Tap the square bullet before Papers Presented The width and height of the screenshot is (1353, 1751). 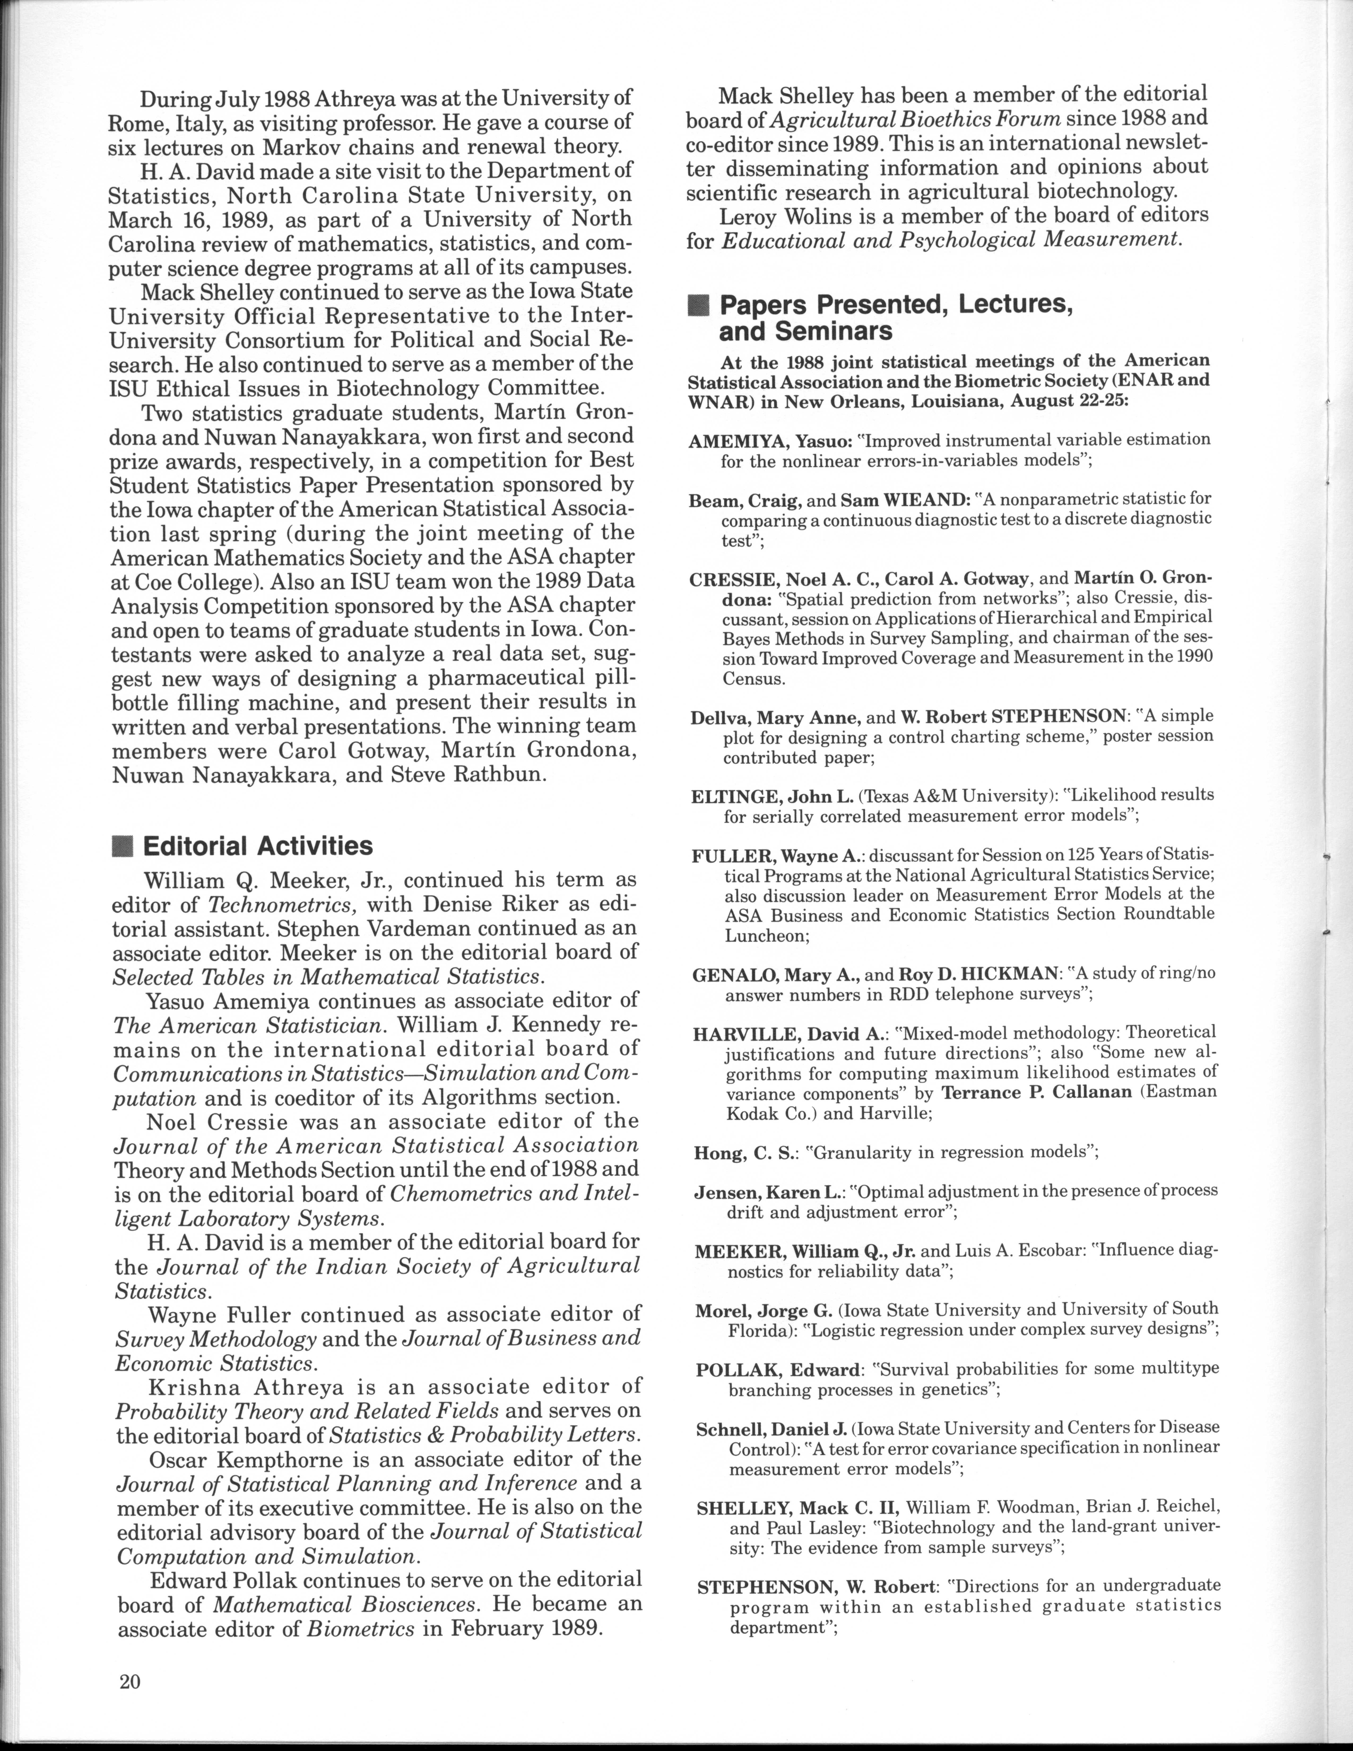699,305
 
